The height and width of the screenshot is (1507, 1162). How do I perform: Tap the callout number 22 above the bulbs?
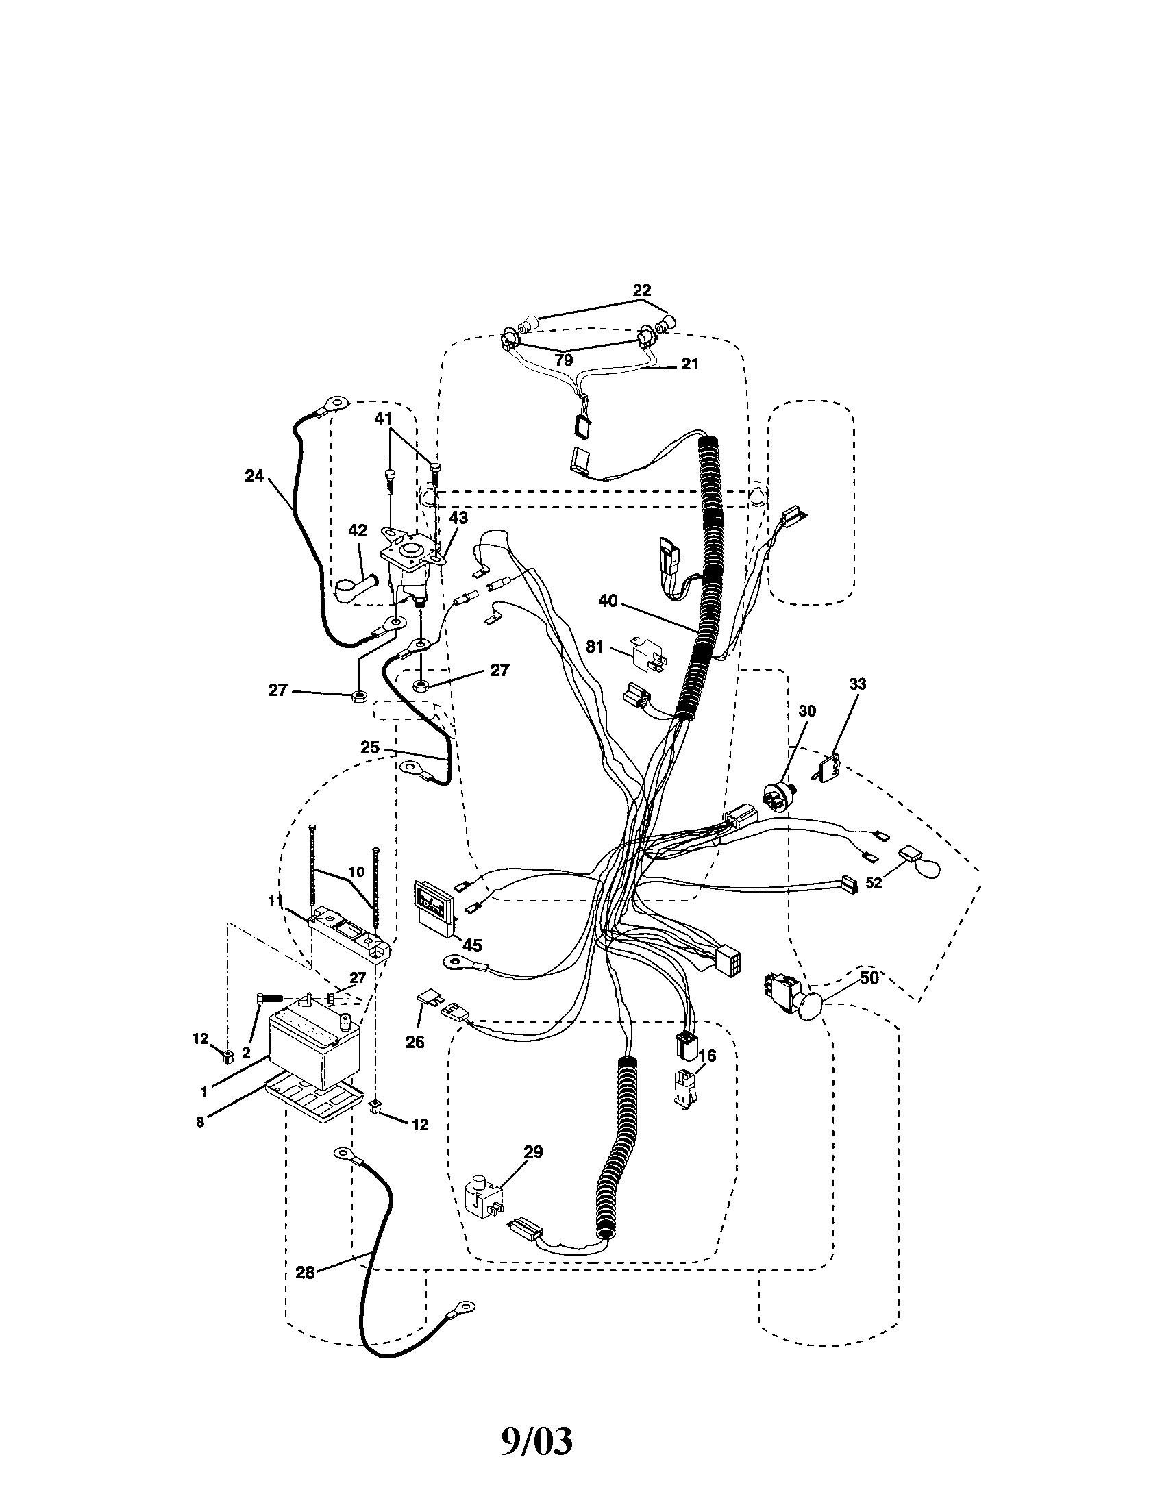coord(641,290)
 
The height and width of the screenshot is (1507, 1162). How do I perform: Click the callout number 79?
coord(564,360)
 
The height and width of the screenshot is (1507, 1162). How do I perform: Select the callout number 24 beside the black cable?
coord(255,476)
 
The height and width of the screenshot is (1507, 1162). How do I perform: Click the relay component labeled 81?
coord(647,656)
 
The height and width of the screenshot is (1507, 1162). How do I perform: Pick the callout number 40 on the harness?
coord(608,601)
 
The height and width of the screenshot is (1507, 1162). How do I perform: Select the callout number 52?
coord(874,882)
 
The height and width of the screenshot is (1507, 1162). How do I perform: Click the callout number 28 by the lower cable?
coord(305,1272)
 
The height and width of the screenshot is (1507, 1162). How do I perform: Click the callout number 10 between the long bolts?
coord(356,872)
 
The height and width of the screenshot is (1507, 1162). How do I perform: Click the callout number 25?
coord(370,747)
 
